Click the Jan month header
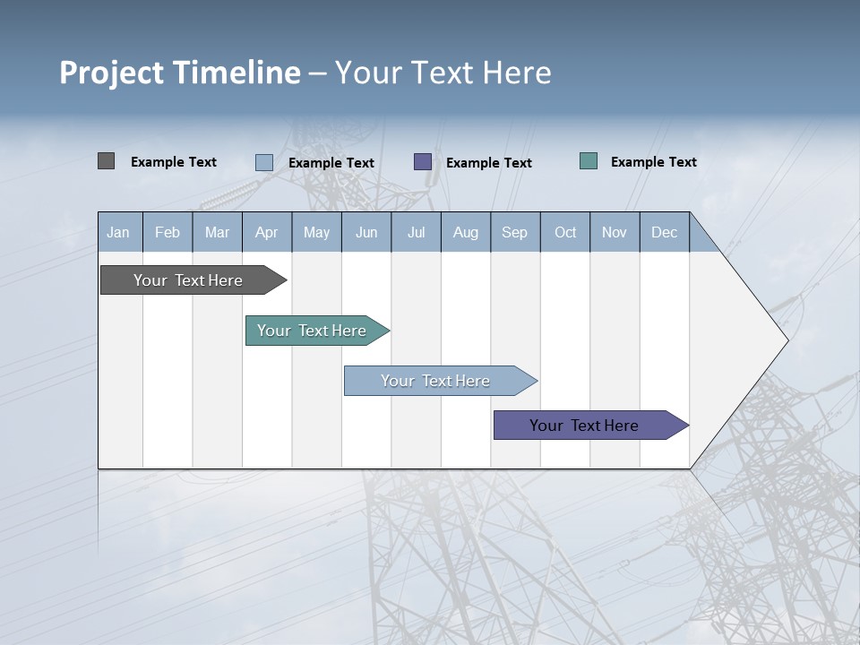pyautogui.click(x=118, y=232)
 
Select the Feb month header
pyautogui.click(x=168, y=232)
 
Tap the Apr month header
pyautogui.click(x=267, y=232)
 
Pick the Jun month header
pyautogui.click(x=366, y=232)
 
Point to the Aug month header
pyautogui.click(x=466, y=232)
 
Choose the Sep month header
pyautogui.click(x=515, y=232)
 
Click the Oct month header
pyautogui.click(x=565, y=232)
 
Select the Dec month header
pyautogui.click(x=665, y=232)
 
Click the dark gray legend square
pyautogui.click(x=106, y=161)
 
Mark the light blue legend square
pyautogui.click(x=264, y=162)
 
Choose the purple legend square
pyautogui.click(x=423, y=161)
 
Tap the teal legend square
pyautogui.click(x=589, y=161)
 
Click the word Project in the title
pyautogui.click(x=112, y=73)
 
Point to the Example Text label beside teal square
pyautogui.click(x=654, y=162)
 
